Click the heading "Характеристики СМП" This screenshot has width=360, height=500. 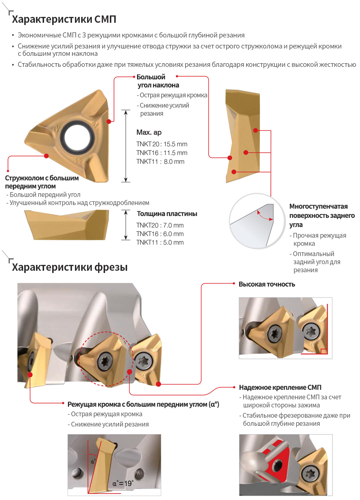64,19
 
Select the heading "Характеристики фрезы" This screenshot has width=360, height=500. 70,267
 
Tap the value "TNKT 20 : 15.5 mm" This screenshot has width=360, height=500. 162,144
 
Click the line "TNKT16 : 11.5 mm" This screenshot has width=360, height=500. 162,153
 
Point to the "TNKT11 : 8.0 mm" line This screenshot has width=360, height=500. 160,162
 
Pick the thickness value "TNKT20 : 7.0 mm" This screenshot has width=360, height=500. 160,226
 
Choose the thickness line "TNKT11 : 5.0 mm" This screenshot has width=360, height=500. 160,242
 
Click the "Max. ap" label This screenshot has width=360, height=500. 149,132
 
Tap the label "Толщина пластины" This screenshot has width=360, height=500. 167,214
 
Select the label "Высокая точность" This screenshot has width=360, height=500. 267,284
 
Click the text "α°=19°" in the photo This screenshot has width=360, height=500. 123,483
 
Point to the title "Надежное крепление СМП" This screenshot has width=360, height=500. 280,387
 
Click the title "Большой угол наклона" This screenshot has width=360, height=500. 158,81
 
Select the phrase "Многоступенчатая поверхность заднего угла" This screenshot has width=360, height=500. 322,215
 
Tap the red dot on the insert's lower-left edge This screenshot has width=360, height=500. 46,156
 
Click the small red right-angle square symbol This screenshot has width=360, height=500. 324,351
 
